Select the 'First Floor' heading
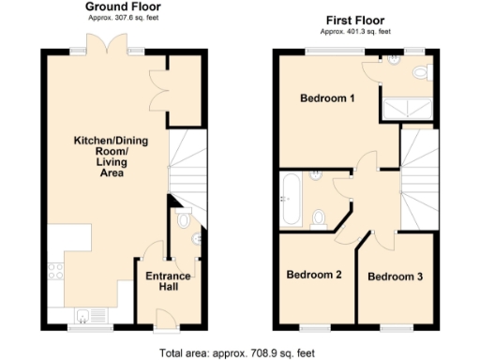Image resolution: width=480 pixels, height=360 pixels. point(356,19)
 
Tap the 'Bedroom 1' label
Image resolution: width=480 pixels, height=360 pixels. point(326,98)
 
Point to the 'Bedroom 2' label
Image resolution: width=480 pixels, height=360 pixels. point(313,275)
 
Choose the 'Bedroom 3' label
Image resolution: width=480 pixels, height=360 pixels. point(395,277)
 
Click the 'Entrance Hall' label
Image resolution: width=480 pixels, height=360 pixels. point(168,282)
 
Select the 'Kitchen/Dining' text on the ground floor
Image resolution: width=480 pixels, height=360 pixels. point(106,142)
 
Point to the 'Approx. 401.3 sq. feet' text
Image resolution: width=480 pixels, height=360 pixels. point(356,30)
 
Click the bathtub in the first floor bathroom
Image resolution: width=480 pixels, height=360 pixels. point(289,198)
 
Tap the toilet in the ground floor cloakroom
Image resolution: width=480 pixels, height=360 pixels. point(183,220)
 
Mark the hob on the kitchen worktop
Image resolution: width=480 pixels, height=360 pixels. point(54,272)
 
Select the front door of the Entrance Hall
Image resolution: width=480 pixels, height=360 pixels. point(166,322)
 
